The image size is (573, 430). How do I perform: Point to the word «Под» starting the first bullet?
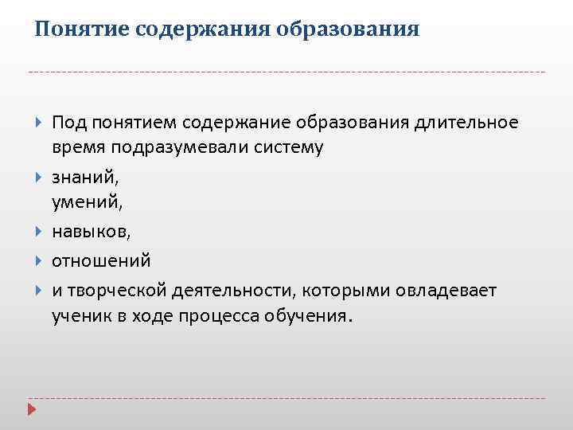click(69, 123)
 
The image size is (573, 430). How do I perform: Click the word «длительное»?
click(466, 123)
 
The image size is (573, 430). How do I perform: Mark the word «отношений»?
click(101, 261)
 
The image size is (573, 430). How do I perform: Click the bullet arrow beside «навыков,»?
click(39, 232)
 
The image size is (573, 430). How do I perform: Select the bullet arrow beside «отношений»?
click(39, 260)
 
